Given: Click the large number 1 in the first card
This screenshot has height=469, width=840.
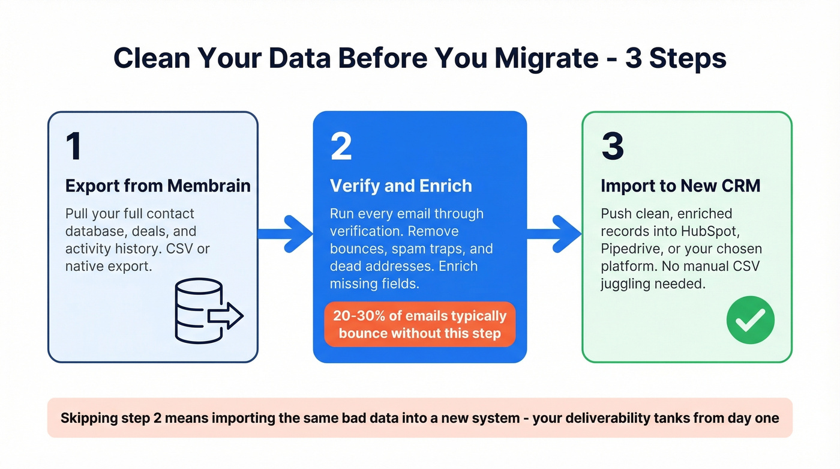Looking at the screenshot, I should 74,146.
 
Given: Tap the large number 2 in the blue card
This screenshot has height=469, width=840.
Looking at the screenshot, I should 341,146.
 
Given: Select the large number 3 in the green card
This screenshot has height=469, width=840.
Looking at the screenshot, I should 612,146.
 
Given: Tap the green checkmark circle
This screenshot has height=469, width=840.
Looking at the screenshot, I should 750,319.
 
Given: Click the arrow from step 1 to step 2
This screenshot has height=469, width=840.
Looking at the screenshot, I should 286,233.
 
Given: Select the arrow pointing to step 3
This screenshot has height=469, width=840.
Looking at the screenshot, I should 554,233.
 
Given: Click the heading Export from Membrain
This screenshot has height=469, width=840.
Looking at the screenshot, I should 158,186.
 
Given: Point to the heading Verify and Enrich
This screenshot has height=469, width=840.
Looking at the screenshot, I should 401,186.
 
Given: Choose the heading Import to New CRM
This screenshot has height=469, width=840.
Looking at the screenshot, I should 680,186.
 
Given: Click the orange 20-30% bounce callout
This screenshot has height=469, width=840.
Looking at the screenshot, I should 419,324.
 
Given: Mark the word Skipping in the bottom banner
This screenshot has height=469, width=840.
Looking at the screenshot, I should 86,417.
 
